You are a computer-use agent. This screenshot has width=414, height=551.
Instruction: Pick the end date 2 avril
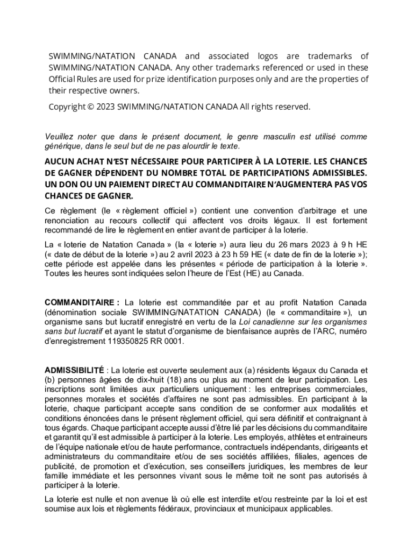(x=141, y=254)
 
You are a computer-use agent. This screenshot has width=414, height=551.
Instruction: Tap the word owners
(x=123, y=90)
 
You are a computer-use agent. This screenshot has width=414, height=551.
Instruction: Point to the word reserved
(x=293, y=107)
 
